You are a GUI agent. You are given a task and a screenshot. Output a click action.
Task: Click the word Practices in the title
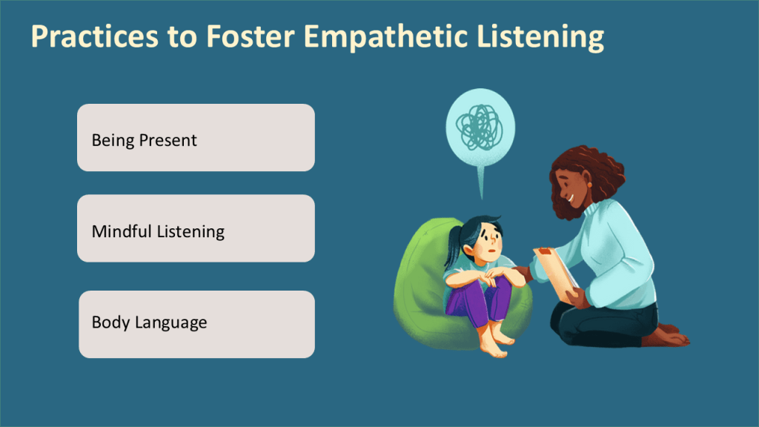pos(95,36)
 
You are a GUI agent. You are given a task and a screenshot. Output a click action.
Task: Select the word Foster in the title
pos(251,36)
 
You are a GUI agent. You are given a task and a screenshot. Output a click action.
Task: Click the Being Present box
pos(196,137)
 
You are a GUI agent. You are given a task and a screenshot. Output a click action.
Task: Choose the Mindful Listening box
pos(196,228)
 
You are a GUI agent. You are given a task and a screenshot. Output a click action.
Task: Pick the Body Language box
pos(197,325)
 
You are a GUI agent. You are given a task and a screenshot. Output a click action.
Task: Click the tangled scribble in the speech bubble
pos(480,128)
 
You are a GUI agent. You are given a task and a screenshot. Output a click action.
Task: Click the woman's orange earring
pos(589,185)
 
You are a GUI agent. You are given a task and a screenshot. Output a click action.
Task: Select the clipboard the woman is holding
pos(557,274)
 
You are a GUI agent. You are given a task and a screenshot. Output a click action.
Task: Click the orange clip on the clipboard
pos(546,251)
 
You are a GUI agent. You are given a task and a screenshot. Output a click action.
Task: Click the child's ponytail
pos(453,247)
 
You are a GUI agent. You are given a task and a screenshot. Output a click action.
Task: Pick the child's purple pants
pos(478,302)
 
